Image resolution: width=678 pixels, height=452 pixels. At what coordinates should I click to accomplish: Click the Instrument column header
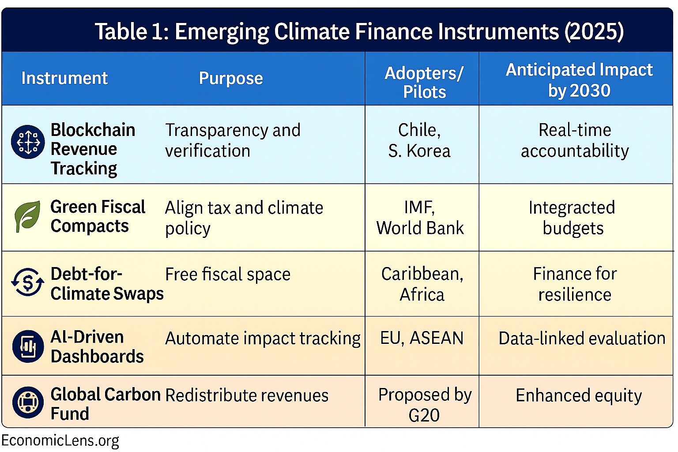(x=64, y=78)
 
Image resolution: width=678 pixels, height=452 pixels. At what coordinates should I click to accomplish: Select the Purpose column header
(x=231, y=78)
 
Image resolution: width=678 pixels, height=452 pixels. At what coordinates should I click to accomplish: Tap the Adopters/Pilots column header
(x=424, y=82)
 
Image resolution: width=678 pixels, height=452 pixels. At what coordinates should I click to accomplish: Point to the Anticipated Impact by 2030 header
(x=579, y=80)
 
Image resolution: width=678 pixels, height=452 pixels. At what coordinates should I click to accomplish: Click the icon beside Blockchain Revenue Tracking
(x=28, y=142)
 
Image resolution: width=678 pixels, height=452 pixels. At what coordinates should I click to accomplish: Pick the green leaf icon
(x=27, y=216)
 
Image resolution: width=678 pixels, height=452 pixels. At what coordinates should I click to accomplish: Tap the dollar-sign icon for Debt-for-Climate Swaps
(x=27, y=282)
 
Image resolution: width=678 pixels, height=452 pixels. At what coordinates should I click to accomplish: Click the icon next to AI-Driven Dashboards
(x=28, y=347)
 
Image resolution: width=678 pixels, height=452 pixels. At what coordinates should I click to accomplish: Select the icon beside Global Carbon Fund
(x=28, y=402)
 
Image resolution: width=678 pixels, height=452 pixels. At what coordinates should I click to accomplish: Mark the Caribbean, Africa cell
(x=422, y=284)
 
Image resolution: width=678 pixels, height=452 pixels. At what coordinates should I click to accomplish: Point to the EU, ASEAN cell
(x=422, y=338)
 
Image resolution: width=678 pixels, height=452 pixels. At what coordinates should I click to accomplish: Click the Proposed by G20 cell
(x=424, y=404)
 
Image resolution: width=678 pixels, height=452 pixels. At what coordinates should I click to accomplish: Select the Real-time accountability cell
(x=575, y=140)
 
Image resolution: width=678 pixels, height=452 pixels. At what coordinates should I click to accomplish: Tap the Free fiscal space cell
(x=228, y=274)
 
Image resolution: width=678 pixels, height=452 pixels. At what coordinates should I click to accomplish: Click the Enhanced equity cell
(x=578, y=395)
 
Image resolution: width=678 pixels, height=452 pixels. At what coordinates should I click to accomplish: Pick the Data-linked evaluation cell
(x=581, y=338)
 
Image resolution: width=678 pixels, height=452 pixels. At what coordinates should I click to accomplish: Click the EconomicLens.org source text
(x=60, y=441)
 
